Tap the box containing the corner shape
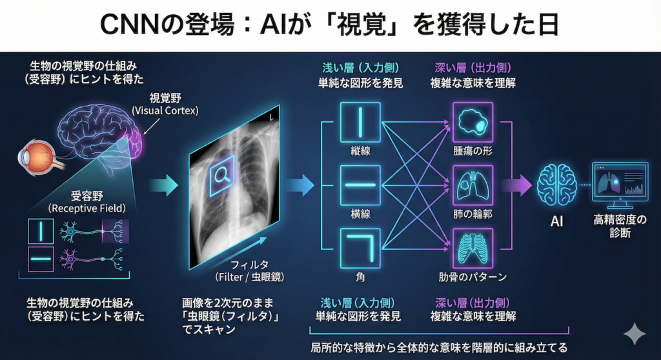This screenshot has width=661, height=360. click(x=357, y=248)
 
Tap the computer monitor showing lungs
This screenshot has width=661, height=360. click(x=619, y=181)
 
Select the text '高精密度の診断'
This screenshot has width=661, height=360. click(x=619, y=226)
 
